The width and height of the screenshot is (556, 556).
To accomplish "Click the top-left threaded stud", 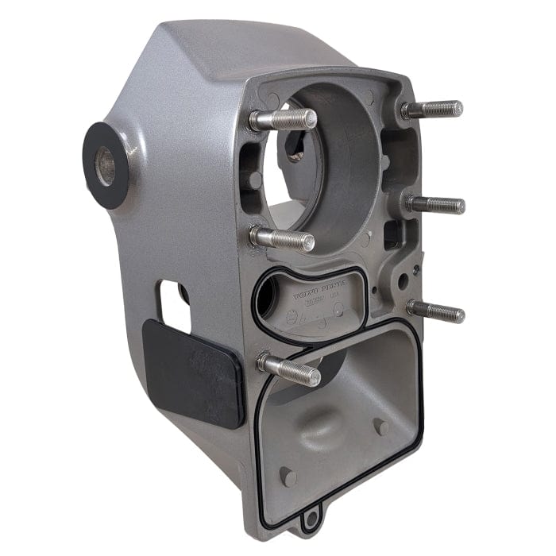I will tap(282, 120).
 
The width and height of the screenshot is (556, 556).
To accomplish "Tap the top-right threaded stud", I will tap(432, 110).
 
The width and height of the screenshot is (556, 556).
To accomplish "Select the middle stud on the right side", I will tap(435, 204).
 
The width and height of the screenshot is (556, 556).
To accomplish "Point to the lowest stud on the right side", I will tap(436, 311).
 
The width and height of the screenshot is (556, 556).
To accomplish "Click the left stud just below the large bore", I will tap(282, 238).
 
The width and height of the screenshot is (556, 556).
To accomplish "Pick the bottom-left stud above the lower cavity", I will tap(289, 369).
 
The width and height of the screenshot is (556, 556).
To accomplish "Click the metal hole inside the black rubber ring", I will tap(105, 166).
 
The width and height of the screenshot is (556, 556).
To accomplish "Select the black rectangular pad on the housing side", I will tap(193, 372).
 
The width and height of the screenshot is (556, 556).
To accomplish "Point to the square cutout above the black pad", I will tap(173, 305).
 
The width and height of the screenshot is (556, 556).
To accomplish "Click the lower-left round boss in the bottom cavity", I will tap(288, 477).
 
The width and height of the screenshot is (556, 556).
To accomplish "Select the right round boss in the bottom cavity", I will tap(382, 427).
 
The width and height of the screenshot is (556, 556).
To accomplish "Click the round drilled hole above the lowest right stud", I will tap(403, 280).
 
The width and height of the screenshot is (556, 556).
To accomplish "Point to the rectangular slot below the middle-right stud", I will tap(391, 234).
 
